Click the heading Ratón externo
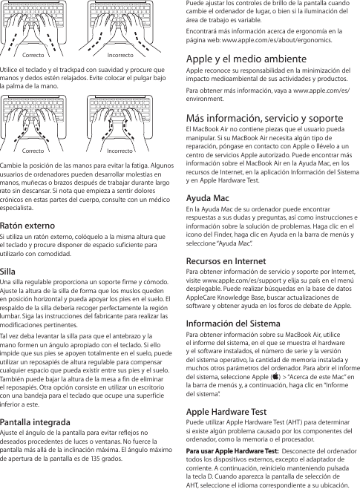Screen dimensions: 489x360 (30, 225)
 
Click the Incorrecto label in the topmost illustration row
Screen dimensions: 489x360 (121, 56)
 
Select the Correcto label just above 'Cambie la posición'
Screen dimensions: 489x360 (32, 149)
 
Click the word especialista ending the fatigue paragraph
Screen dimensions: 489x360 (21, 210)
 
